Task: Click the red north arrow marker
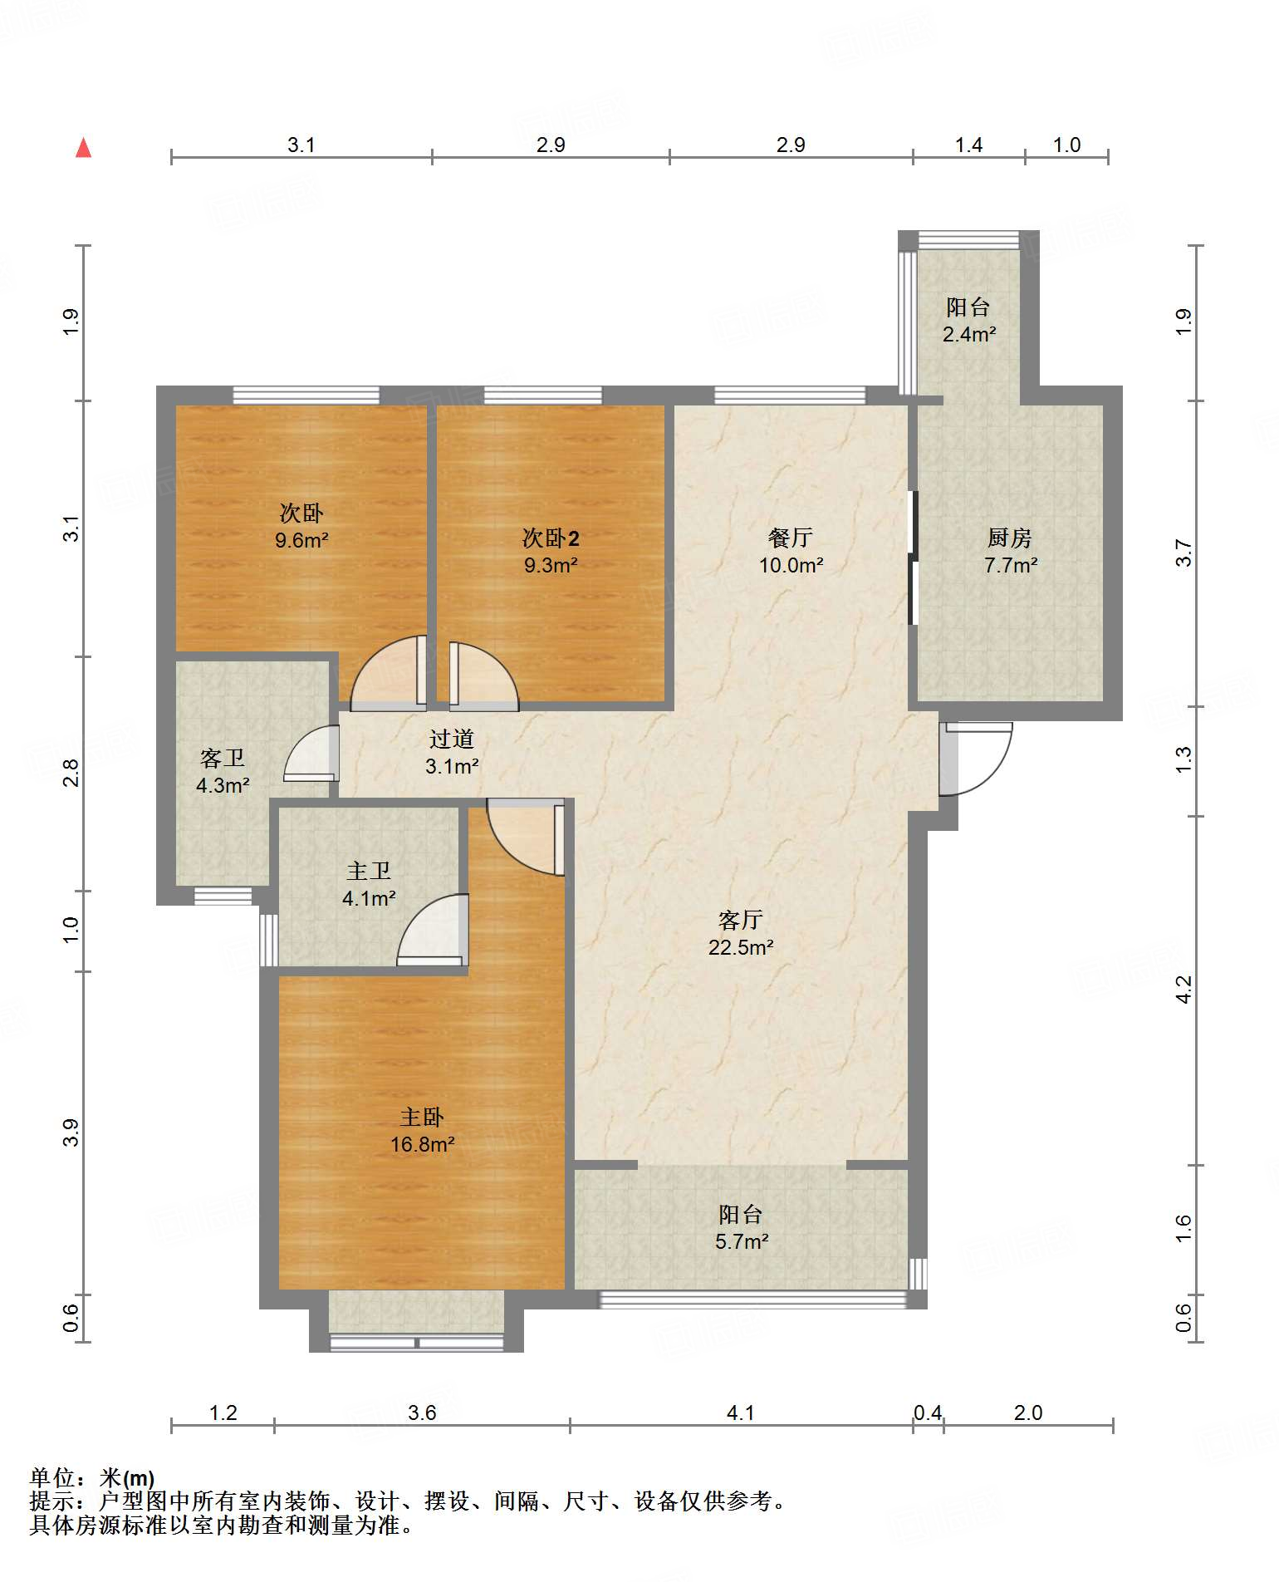click(x=83, y=148)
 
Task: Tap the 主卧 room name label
click(x=422, y=1118)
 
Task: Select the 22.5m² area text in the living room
click(x=741, y=947)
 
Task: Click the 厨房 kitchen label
click(x=1010, y=538)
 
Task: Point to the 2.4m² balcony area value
click(x=969, y=334)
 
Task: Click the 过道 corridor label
click(x=452, y=739)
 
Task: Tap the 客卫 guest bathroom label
click(x=223, y=759)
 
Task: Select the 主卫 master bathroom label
click(x=369, y=871)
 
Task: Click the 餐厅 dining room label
click(x=790, y=538)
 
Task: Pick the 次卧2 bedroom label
click(x=551, y=538)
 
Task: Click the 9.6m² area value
click(x=302, y=540)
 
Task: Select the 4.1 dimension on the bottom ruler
click(x=740, y=1412)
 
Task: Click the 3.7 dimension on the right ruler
click(x=1183, y=553)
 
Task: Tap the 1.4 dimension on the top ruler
click(x=968, y=145)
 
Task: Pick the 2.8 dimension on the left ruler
click(x=72, y=774)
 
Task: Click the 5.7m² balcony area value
click(x=742, y=1241)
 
